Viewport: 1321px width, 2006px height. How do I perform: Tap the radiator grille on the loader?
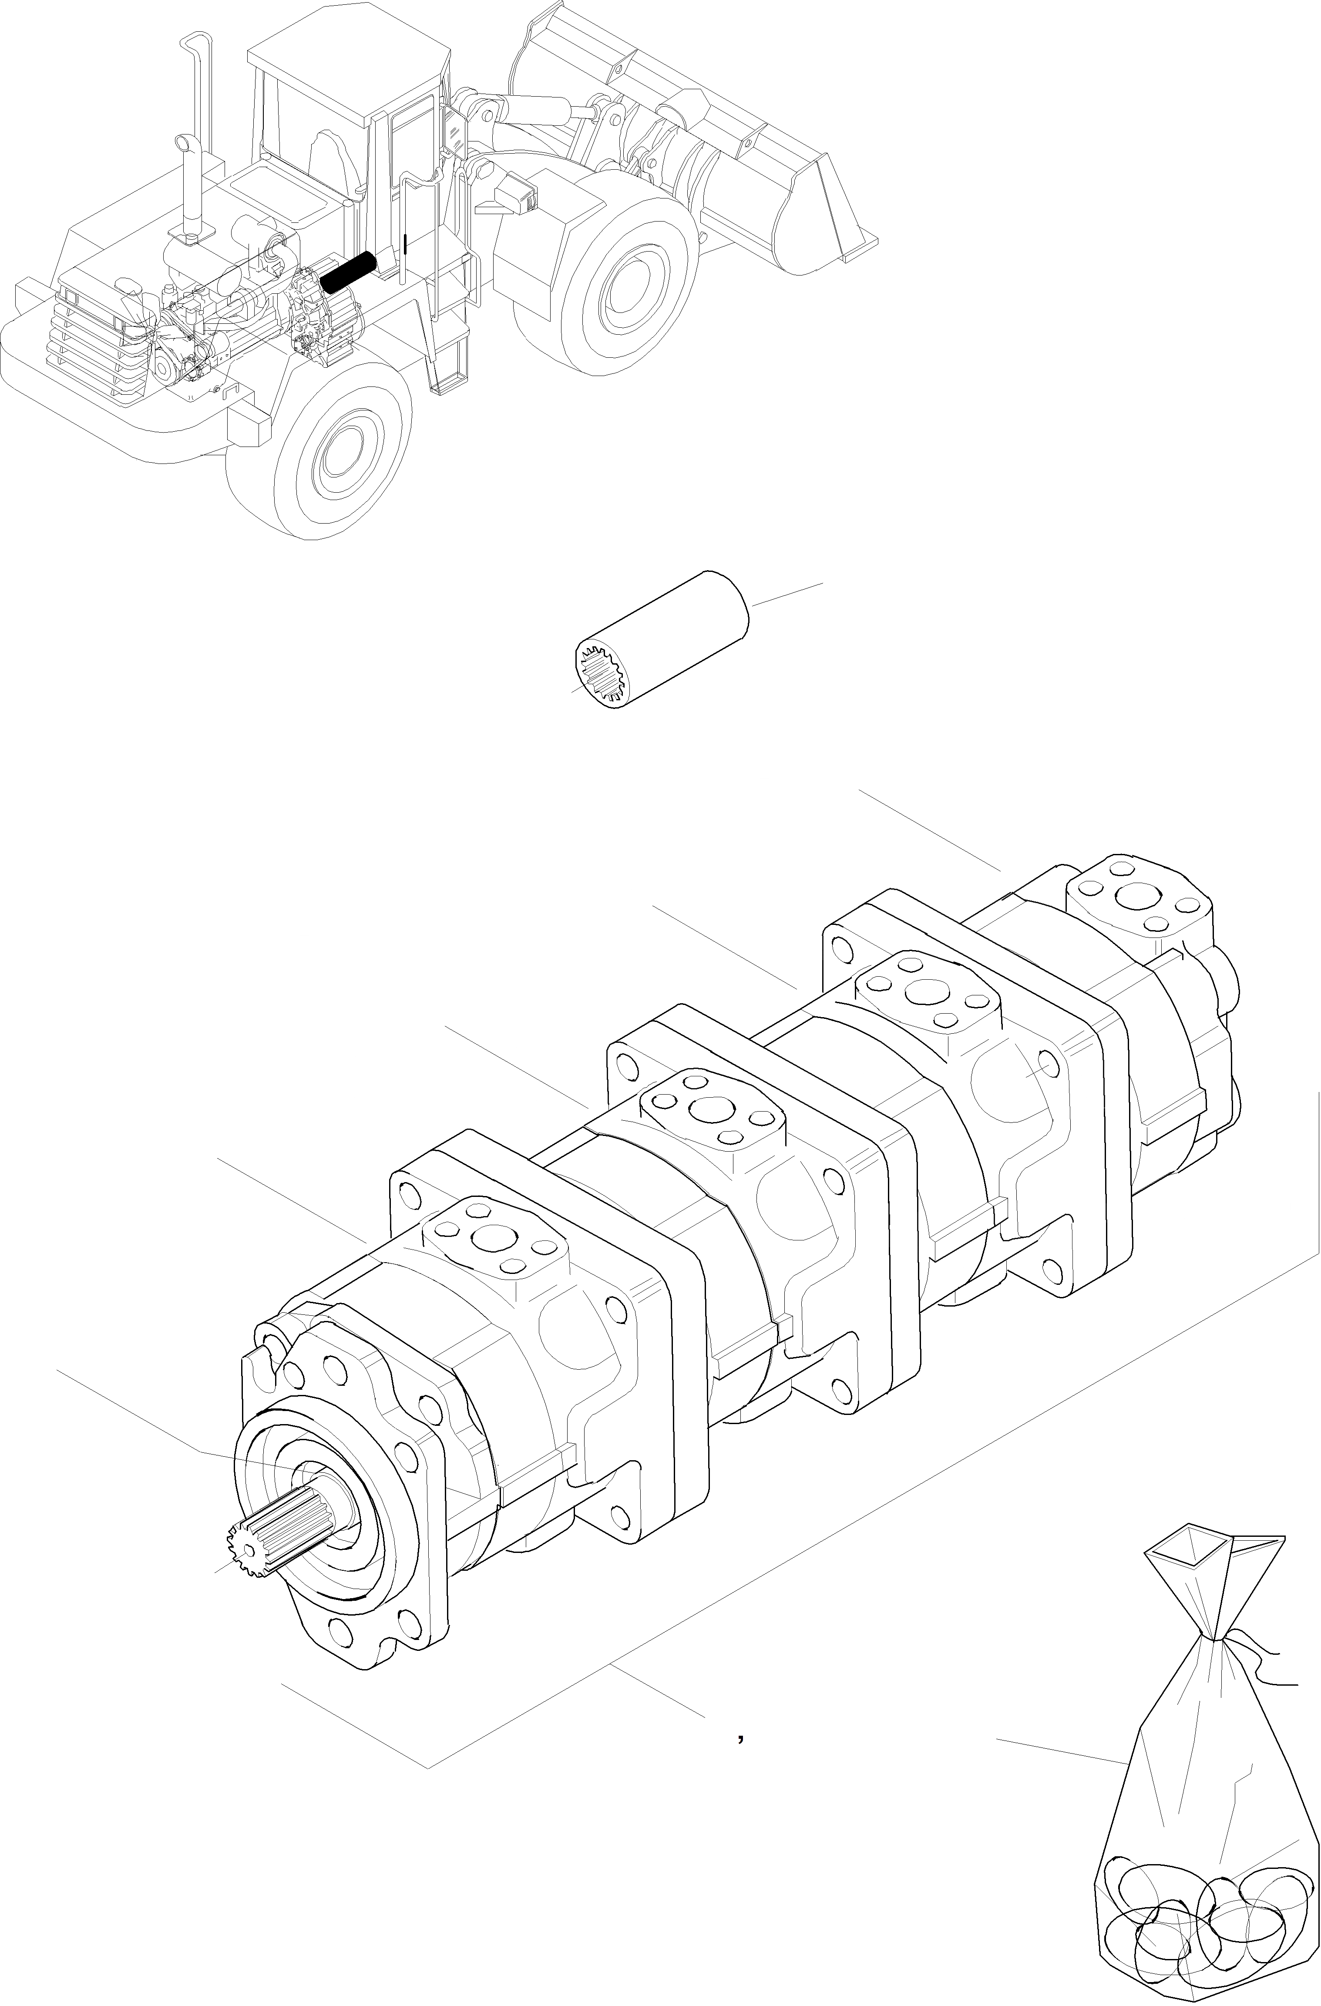[x=93, y=346]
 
